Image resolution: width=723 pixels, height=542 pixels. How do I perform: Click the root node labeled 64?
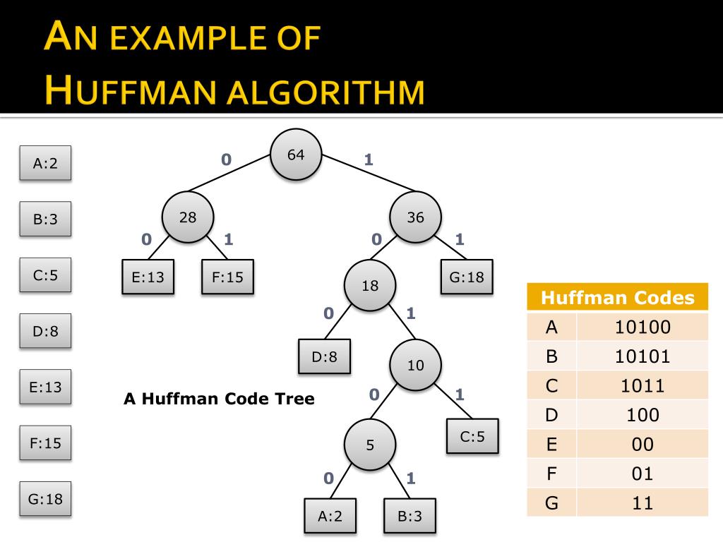tap(297, 155)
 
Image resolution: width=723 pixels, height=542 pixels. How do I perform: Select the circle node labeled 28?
tap(188, 217)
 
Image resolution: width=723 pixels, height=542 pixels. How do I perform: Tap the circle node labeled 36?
tap(416, 217)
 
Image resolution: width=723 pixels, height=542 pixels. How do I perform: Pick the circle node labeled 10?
tap(416, 365)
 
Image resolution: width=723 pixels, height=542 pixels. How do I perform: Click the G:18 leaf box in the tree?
tap(467, 277)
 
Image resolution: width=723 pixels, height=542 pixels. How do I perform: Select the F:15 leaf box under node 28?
tap(227, 277)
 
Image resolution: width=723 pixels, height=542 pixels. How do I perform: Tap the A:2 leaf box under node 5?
tap(330, 516)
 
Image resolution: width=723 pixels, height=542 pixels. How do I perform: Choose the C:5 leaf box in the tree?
tap(472, 436)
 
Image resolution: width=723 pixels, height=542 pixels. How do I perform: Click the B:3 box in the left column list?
tap(44, 219)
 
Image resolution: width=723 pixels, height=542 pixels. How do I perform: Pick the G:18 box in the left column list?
tap(45, 499)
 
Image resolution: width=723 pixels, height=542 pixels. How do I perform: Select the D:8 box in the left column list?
tap(45, 331)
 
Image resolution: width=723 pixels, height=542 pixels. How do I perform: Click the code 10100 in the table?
tap(642, 327)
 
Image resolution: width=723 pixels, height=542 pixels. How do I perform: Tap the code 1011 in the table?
tap(642, 385)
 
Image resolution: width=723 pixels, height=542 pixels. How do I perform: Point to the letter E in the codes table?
tap(552, 444)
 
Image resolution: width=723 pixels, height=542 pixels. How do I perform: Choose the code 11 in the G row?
tap(642, 502)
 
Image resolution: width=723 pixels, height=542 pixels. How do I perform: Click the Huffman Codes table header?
tap(617, 298)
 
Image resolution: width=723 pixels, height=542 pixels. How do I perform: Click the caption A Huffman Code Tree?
tap(219, 399)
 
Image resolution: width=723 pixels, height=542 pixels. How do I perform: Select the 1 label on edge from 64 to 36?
tap(368, 159)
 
